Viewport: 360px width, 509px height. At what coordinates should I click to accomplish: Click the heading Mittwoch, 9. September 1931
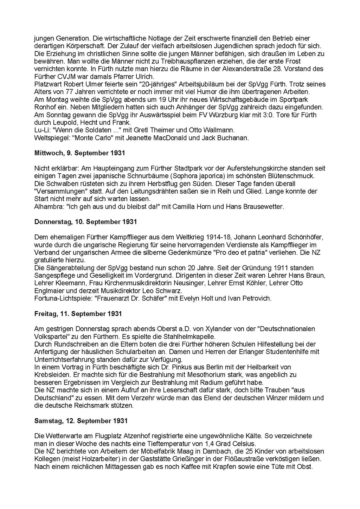pos(79,153)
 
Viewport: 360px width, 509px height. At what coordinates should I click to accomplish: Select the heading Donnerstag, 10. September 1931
pos(85,222)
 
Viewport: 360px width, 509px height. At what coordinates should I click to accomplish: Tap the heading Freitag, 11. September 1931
pos(78,314)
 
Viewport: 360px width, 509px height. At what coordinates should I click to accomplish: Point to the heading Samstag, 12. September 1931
pos(81,421)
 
